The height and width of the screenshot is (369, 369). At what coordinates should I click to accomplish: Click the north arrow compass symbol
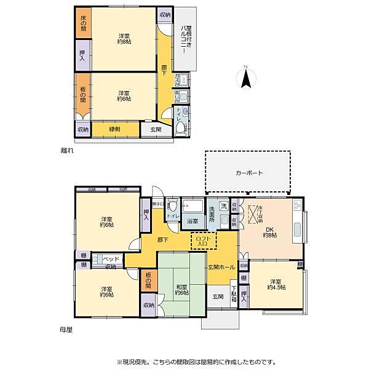coord(245,77)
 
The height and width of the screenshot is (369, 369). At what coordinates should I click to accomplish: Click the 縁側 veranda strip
coord(114,129)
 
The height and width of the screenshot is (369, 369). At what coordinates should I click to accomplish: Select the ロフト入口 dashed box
coord(202,240)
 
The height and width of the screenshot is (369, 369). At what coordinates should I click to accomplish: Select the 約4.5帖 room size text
coord(274,289)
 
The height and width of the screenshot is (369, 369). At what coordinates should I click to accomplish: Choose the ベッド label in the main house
coord(111,259)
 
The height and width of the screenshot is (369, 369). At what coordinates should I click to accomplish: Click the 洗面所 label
coord(213,215)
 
